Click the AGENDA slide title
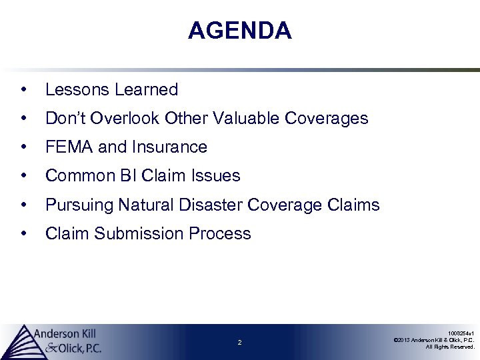tap(239, 31)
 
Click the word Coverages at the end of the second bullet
tap(326, 119)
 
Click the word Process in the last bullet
tap(219, 234)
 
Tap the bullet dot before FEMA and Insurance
tap(23, 147)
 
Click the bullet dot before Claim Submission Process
tap(23, 234)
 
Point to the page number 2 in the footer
tap(239, 343)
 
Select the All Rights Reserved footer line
tap(450, 347)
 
